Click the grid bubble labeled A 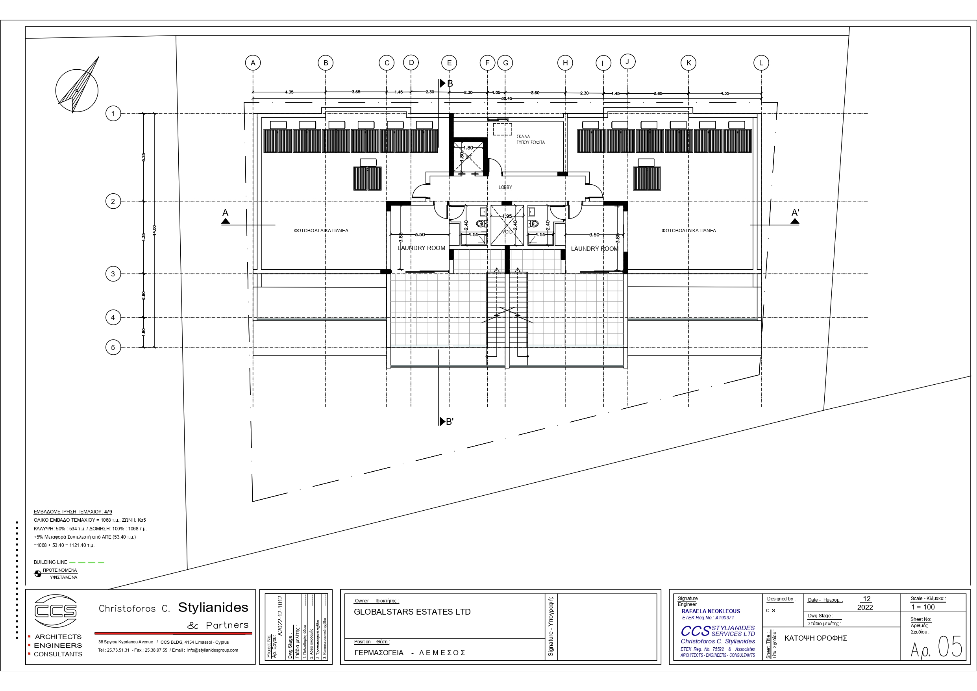coord(253,63)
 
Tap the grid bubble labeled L coord(761,63)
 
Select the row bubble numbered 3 coord(113,274)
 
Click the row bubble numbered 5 coord(113,347)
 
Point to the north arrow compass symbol coord(77,90)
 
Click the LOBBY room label coord(505,187)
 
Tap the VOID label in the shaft coord(508,232)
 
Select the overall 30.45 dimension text coord(506,98)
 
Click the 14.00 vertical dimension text coord(154,230)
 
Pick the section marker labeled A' coord(795,215)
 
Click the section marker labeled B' coord(447,422)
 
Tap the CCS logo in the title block coord(56,611)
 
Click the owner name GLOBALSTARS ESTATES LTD coord(412,612)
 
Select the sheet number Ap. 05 coord(936,648)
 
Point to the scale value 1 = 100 coord(923,607)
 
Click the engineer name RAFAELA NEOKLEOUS coord(711,611)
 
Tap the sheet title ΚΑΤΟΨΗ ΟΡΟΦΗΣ coord(815,638)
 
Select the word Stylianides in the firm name coord(213,608)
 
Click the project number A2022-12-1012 coord(280,616)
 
